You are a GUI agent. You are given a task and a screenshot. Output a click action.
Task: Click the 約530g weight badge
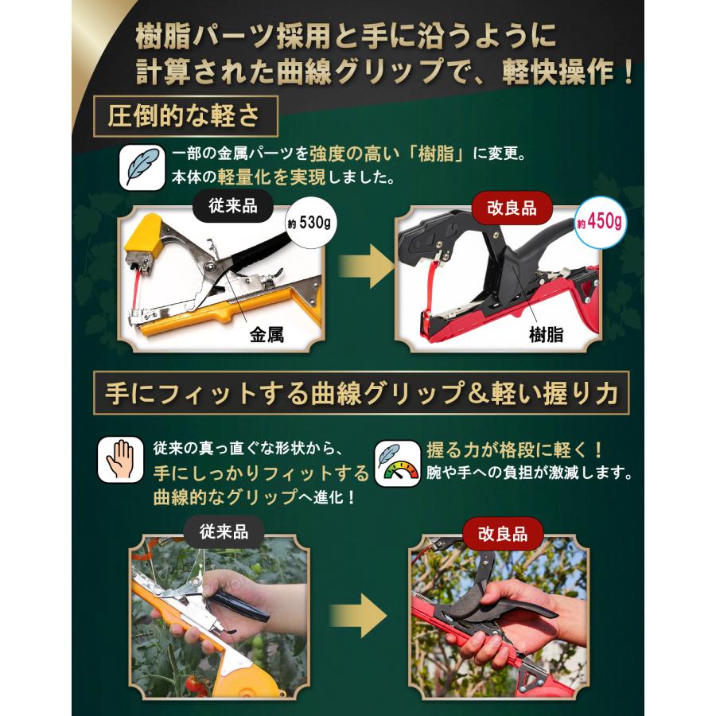309,222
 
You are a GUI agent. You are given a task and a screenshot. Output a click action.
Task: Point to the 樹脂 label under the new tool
545,334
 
